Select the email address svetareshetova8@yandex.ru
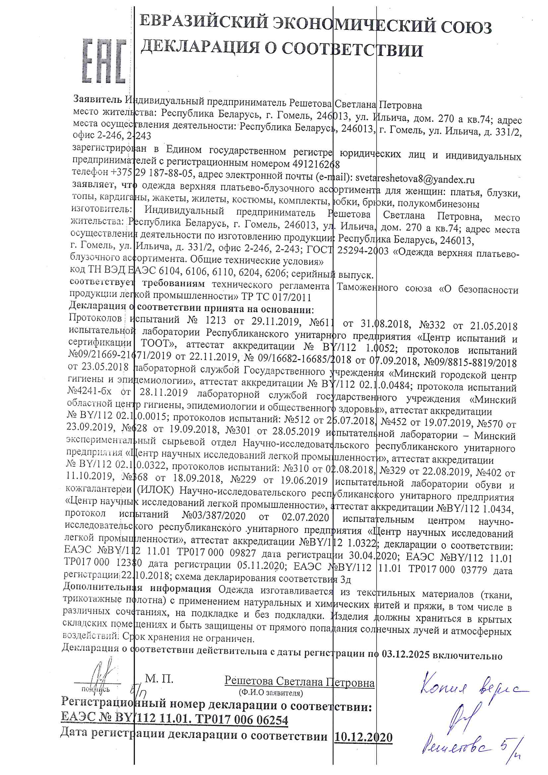click(415, 179)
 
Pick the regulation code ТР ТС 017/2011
click(276, 297)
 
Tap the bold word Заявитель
click(97, 99)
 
